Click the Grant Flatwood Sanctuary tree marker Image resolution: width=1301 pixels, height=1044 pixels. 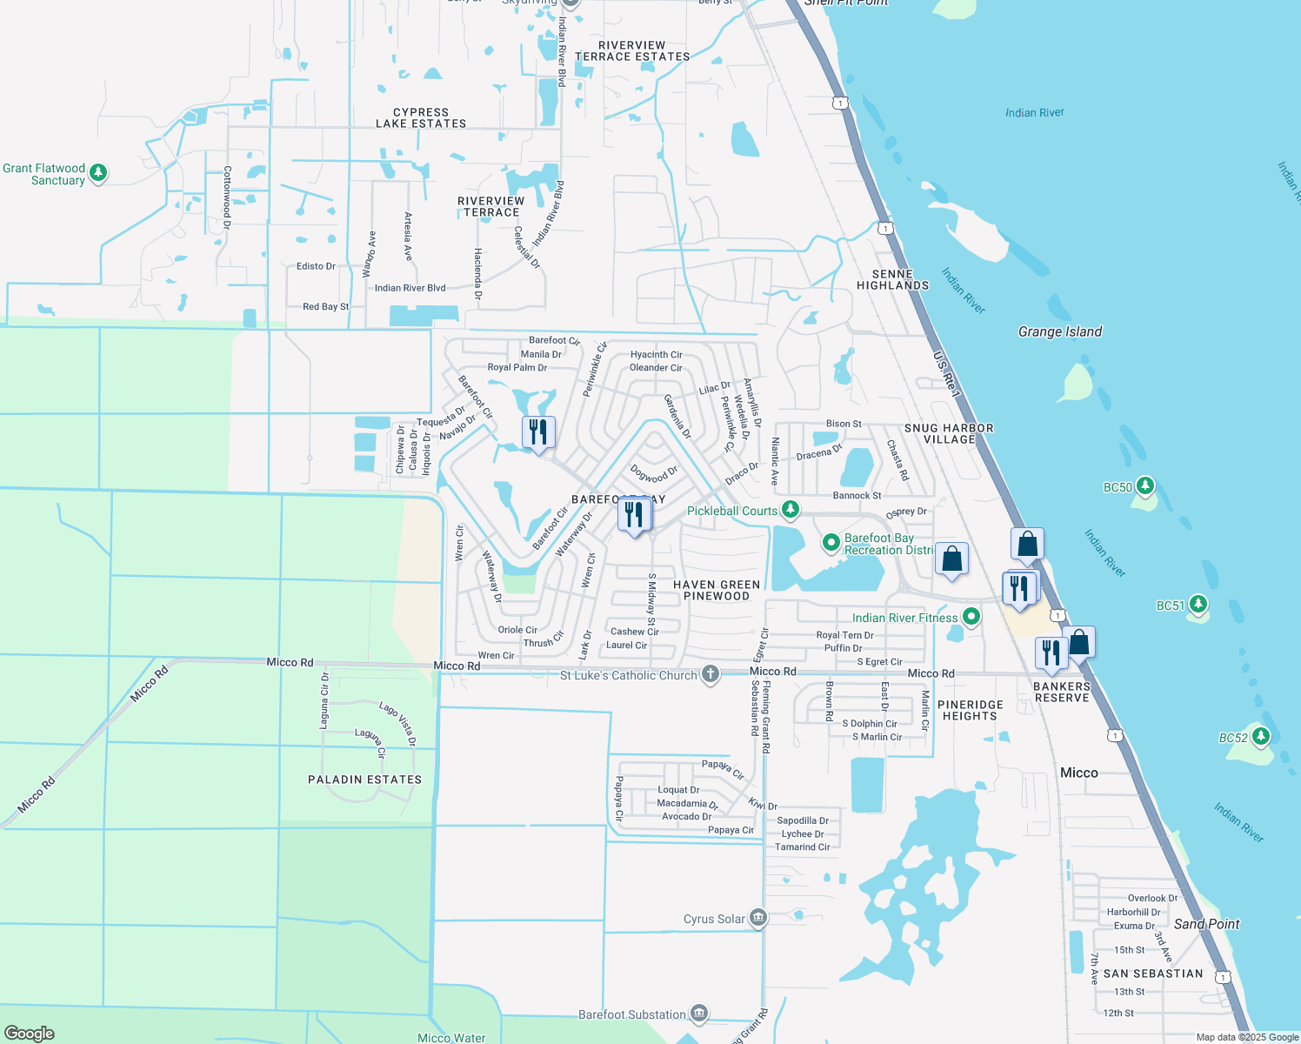[98, 172]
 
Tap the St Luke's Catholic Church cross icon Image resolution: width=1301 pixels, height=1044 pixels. [711, 674]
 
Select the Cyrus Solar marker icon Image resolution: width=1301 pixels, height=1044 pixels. [758, 918]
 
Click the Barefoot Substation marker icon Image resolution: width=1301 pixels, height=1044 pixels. [699, 1014]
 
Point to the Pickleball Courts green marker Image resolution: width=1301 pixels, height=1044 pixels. [790, 510]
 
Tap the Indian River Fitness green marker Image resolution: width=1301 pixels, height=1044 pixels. [971, 617]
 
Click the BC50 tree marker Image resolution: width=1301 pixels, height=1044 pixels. [1145, 486]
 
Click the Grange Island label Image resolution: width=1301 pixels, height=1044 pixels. [1060, 331]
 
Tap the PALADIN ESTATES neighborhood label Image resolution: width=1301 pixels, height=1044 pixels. [364, 780]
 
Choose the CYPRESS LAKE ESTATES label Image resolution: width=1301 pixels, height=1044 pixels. [421, 118]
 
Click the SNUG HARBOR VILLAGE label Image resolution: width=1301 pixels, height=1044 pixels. [949, 433]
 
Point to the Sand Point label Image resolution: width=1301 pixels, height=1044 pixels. [1206, 924]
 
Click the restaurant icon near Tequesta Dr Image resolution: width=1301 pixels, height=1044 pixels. [538, 432]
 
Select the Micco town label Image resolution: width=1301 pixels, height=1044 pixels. [1078, 773]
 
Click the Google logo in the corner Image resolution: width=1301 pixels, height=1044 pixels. [29, 1033]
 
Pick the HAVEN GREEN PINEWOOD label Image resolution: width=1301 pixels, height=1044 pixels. [717, 590]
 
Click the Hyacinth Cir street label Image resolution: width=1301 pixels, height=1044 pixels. [656, 355]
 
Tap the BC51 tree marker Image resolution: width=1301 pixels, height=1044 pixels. [1198, 605]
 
